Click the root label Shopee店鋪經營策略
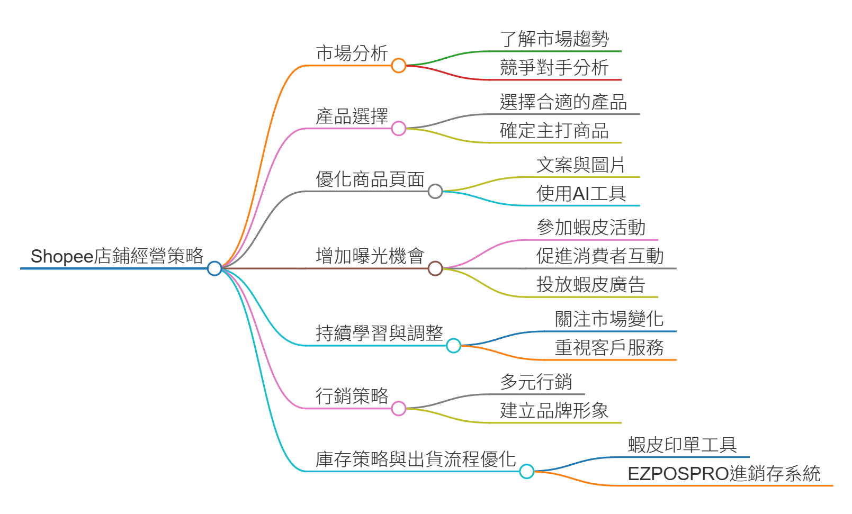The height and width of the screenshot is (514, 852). (117, 256)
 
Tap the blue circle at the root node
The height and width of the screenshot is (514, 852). (214, 268)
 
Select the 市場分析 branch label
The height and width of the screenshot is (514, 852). (352, 53)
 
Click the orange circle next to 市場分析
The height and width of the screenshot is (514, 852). (399, 66)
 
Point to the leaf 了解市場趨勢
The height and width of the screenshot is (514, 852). (554, 39)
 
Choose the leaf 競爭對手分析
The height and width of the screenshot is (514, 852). (554, 68)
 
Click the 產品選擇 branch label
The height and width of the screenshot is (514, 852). (352, 116)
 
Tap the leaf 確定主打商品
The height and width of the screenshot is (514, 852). (554, 131)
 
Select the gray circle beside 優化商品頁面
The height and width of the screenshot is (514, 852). (435, 191)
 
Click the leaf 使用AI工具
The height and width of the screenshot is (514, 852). (581, 194)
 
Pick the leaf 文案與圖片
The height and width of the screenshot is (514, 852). (581, 165)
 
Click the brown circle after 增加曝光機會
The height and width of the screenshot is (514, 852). (435, 268)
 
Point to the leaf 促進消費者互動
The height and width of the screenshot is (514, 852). (600, 256)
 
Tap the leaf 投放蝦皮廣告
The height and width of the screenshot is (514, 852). (590, 285)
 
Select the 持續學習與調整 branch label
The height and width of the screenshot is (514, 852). (379, 333)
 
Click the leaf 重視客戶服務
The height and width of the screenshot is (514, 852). (609, 348)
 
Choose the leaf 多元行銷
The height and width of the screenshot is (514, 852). (536, 382)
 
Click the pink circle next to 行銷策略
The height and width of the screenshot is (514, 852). (399, 409)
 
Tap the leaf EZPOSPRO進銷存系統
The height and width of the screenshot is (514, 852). (724, 474)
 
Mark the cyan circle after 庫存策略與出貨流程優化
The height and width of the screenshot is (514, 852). (527, 471)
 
